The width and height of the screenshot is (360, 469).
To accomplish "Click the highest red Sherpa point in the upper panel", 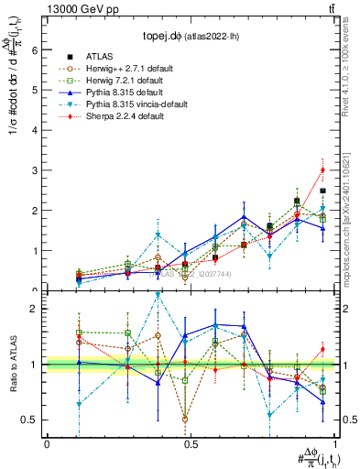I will click(322, 169).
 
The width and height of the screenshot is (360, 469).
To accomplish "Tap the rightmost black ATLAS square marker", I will click(322, 191).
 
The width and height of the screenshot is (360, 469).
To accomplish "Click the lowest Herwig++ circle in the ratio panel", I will click(186, 420).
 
